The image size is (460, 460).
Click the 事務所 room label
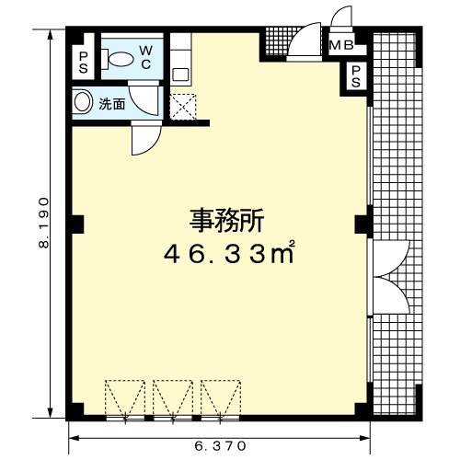tap(226, 221)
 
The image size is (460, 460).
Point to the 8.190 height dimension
tap(43, 223)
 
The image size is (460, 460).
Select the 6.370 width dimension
tap(220, 445)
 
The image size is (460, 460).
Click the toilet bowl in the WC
tap(118, 59)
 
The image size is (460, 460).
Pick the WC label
tap(146, 57)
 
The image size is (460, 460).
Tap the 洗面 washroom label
tap(112, 105)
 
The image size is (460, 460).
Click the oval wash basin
tap(83, 103)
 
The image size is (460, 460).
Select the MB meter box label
tap(341, 46)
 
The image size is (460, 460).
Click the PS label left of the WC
tap(84, 63)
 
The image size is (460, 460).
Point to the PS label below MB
tap(356, 76)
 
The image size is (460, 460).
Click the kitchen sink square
tap(180, 75)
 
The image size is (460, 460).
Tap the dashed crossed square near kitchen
tap(183, 107)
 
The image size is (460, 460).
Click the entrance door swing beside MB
tap(304, 40)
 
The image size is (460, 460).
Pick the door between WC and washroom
tap(143, 98)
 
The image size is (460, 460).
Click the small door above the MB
tap(341, 17)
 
